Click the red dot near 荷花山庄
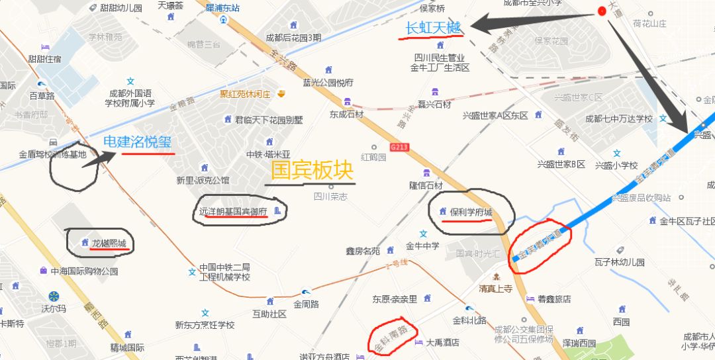point(602,11)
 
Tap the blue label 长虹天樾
point(432,28)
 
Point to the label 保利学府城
point(471,212)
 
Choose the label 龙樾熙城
point(109,243)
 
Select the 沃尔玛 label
point(54,308)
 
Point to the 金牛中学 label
point(422,246)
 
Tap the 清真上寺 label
point(496,288)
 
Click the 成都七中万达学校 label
point(618,119)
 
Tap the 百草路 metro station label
point(42,96)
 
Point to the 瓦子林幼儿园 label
point(619,262)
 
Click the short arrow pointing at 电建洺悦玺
point(99,157)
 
